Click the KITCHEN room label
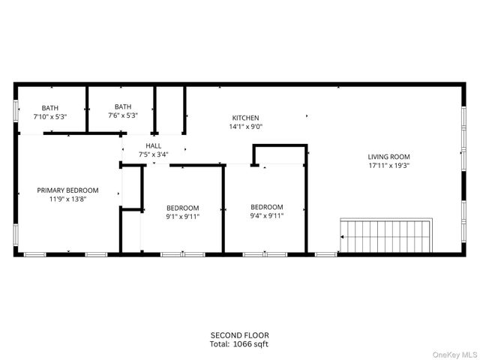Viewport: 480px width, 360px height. (x=245, y=118)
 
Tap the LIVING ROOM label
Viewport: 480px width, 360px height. (x=388, y=157)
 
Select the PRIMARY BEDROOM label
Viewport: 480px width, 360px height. (x=68, y=190)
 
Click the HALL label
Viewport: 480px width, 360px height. (x=153, y=146)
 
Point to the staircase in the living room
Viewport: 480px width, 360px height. (x=386, y=235)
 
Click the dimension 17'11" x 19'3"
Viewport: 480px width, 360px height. (x=388, y=166)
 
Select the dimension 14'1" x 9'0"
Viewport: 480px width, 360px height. (x=245, y=127)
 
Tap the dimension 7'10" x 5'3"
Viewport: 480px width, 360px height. (x=50, y=117)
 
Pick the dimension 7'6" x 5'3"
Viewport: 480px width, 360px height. (x=123, y=115)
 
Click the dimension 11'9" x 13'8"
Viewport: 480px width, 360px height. (x=68, y=199)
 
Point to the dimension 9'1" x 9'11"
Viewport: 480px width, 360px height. (x=182, y=217)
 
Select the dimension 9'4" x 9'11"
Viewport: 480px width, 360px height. (x=267, y=216)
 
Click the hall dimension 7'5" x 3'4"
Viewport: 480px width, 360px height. (x=153, y=154)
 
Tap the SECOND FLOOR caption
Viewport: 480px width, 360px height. (x=239, y=335)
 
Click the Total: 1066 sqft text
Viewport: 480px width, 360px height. (x=239, y=344)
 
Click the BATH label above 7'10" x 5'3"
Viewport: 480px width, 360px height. (x=50, y=108)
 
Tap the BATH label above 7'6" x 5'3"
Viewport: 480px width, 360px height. (x=123, y=106)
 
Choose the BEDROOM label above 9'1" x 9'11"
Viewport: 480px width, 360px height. (x=182, y=208)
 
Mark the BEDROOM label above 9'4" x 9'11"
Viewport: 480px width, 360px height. (x=267, y=207)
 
